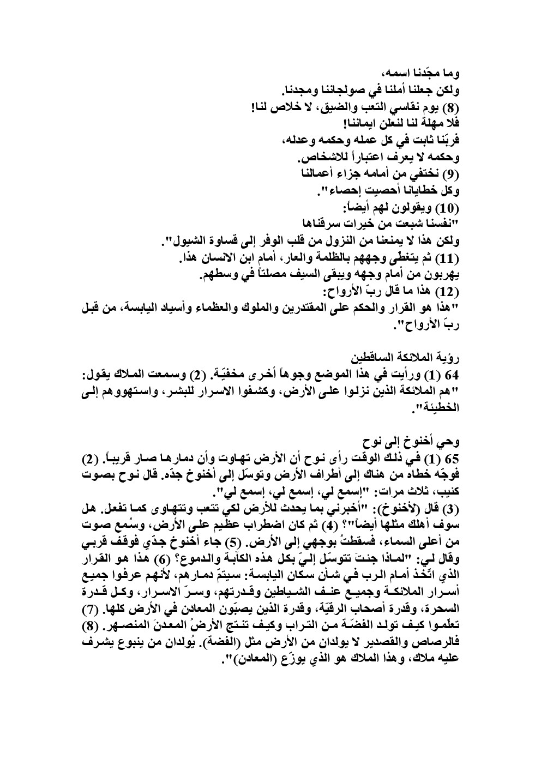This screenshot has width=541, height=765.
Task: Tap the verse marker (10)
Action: click(x=448, y=208)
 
